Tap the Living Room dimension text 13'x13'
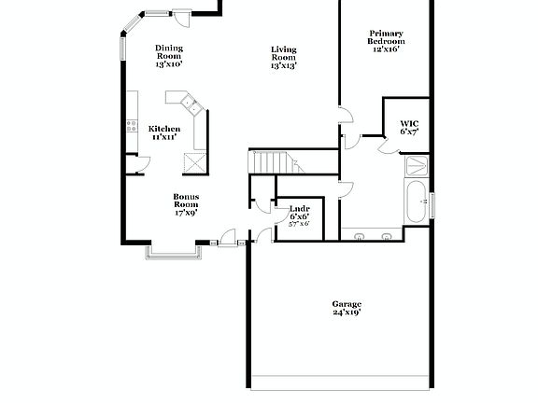point(283,66)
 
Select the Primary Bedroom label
point(385,36)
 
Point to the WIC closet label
point(409,124)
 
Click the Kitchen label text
point(164,129)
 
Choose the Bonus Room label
point(185,198)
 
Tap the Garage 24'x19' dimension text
point(347,313)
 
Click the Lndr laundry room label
point(299,208)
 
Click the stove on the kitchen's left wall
point(131,126)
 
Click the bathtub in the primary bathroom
point(416,200)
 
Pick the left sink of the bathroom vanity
point(361,235)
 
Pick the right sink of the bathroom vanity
point(387,235)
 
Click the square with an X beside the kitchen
point(194,161)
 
